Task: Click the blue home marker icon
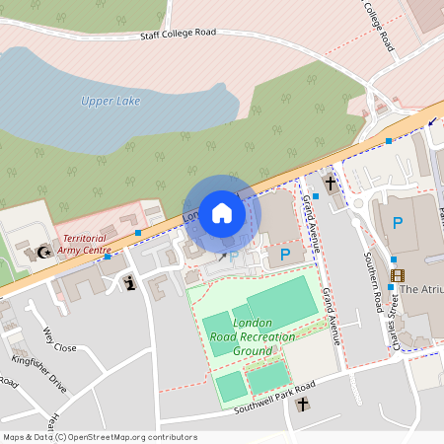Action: click(x=222, y=212)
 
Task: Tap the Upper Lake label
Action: click(x=111, y=101)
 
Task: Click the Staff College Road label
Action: click(x=178, y=34)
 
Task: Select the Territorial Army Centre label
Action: click(x=84, y=244)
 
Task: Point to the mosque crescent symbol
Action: click(x=42, y=253)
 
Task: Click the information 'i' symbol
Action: click(x=130, y=284)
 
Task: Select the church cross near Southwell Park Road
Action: click(x=303, y=404)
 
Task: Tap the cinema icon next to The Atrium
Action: click(x=397, y=275)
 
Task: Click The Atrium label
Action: click(x=422, y=290)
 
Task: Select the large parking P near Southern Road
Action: click(x=398, y=223)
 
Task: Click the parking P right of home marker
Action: click(x=284, y=255)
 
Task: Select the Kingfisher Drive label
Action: click(x=39, y=375)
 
